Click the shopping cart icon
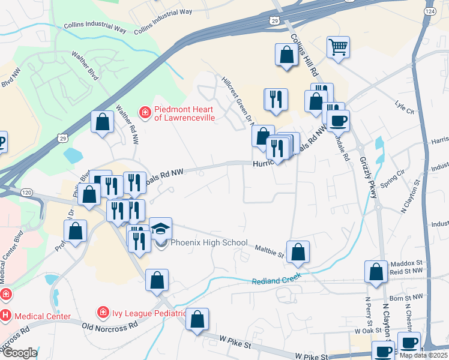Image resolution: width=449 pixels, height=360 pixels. pyautogui.click(x=339, y=47)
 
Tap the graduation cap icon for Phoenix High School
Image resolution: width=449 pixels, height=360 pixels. pyautogui.click(x=160, y=229)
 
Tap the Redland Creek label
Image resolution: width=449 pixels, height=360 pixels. pyautogui.click(x=276, y=280)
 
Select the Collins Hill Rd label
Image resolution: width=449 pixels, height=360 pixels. pyautogui.click(x=304, y=53)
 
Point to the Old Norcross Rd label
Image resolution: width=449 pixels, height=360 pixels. pyautogui.click(x=110, y=325)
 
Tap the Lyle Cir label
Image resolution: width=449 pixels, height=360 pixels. pyautogui.click(x=405, y=111)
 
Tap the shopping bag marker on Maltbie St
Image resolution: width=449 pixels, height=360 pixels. pyautogui.click(x=298, y=252)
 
